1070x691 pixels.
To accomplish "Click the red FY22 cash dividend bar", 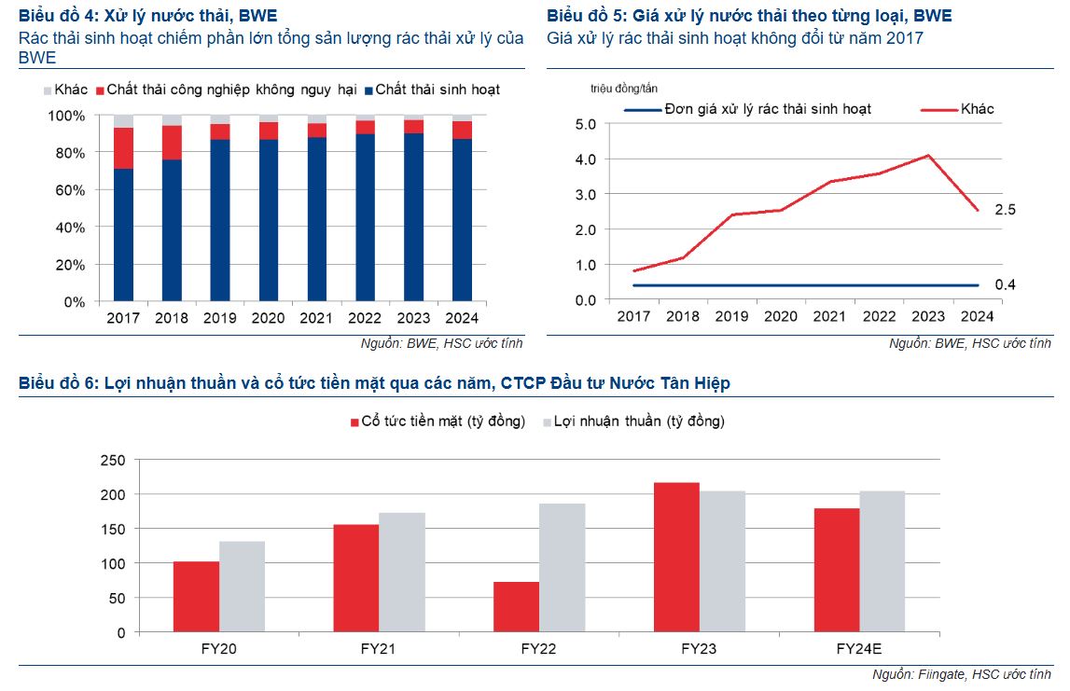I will click(x=516, y=607).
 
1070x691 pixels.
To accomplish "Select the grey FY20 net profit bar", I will click(x=243, y=587).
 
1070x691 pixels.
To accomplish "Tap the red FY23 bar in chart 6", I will click(x=676, y=557).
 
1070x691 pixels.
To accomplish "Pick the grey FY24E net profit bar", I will click(x=882, y=561).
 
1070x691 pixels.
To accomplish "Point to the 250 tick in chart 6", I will click(x=112, y=460).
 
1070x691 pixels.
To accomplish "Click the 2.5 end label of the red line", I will click(x=1006, y=211).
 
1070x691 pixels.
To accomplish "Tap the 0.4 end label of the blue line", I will click(x=1006, y=284).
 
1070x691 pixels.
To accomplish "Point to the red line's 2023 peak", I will click(x=928, y=156).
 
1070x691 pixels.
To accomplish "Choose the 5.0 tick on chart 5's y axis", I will click(x=586, y=123).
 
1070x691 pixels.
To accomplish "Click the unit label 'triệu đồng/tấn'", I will click(x=624, y=89).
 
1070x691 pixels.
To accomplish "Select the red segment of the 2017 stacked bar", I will click(x=123, y=148).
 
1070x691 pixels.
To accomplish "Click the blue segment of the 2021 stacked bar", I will click(x=317, y=219).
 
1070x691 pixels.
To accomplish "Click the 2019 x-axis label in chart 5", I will click(x=731, y=317).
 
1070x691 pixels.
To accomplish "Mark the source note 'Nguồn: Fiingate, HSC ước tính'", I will click(x=961, y=674).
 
